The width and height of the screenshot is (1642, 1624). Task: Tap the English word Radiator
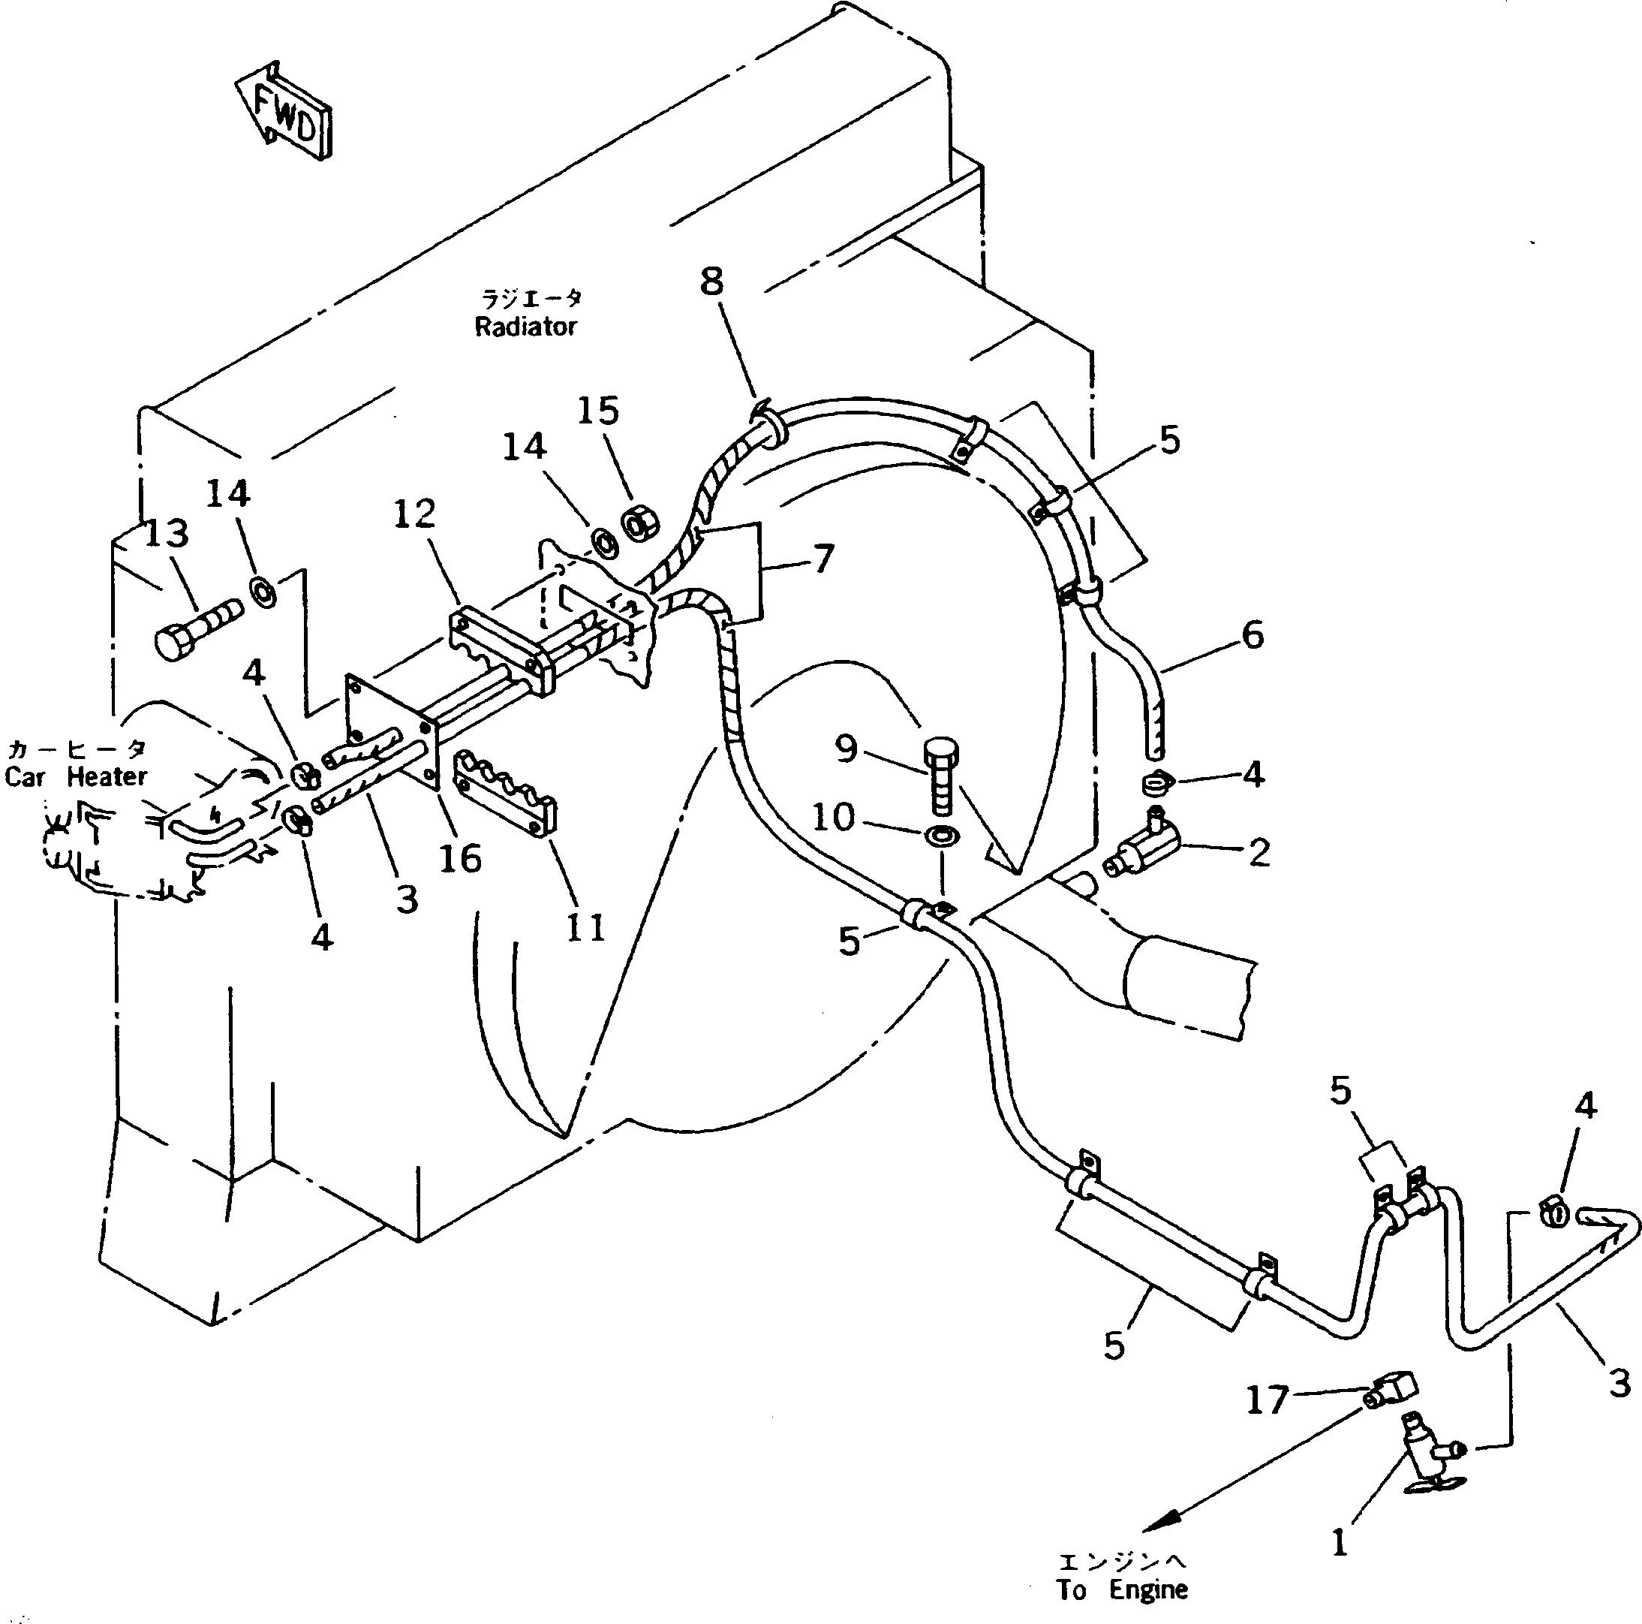click(x=526, y=327)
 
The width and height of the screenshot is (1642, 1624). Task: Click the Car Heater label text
click(x=76, y=776)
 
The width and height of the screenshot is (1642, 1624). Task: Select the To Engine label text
click(x=1122, y=1589)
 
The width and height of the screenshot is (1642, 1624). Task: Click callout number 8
click(x=711, y=281)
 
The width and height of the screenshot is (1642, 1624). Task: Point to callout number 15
click(x=597, y=411)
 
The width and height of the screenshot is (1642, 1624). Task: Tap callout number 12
click(x=414, y=514)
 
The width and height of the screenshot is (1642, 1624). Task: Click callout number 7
click(x=823, y=559)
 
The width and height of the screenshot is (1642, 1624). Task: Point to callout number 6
click(x=1253, y=634)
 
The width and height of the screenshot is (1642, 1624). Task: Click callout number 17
click(x=1266, y=1399)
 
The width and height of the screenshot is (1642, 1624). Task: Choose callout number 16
click(x=460, y=859)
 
